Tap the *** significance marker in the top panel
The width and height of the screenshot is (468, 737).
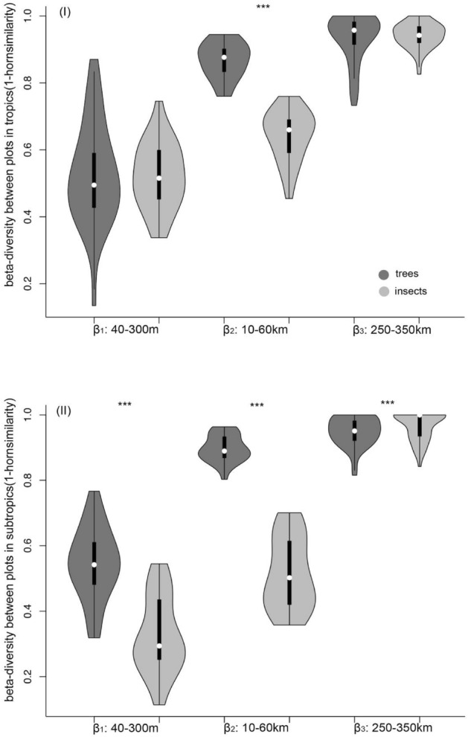(263, 8)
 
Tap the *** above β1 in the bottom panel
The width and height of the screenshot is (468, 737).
(124, 405)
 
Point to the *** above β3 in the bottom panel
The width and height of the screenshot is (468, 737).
(388, 404)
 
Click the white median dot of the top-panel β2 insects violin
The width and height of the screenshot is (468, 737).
(289, 130)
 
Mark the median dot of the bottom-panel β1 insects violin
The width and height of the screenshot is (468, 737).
(158, 646)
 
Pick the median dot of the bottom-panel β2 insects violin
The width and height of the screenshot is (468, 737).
(289, 578)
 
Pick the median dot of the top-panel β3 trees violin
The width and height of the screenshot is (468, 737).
(354, 30)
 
